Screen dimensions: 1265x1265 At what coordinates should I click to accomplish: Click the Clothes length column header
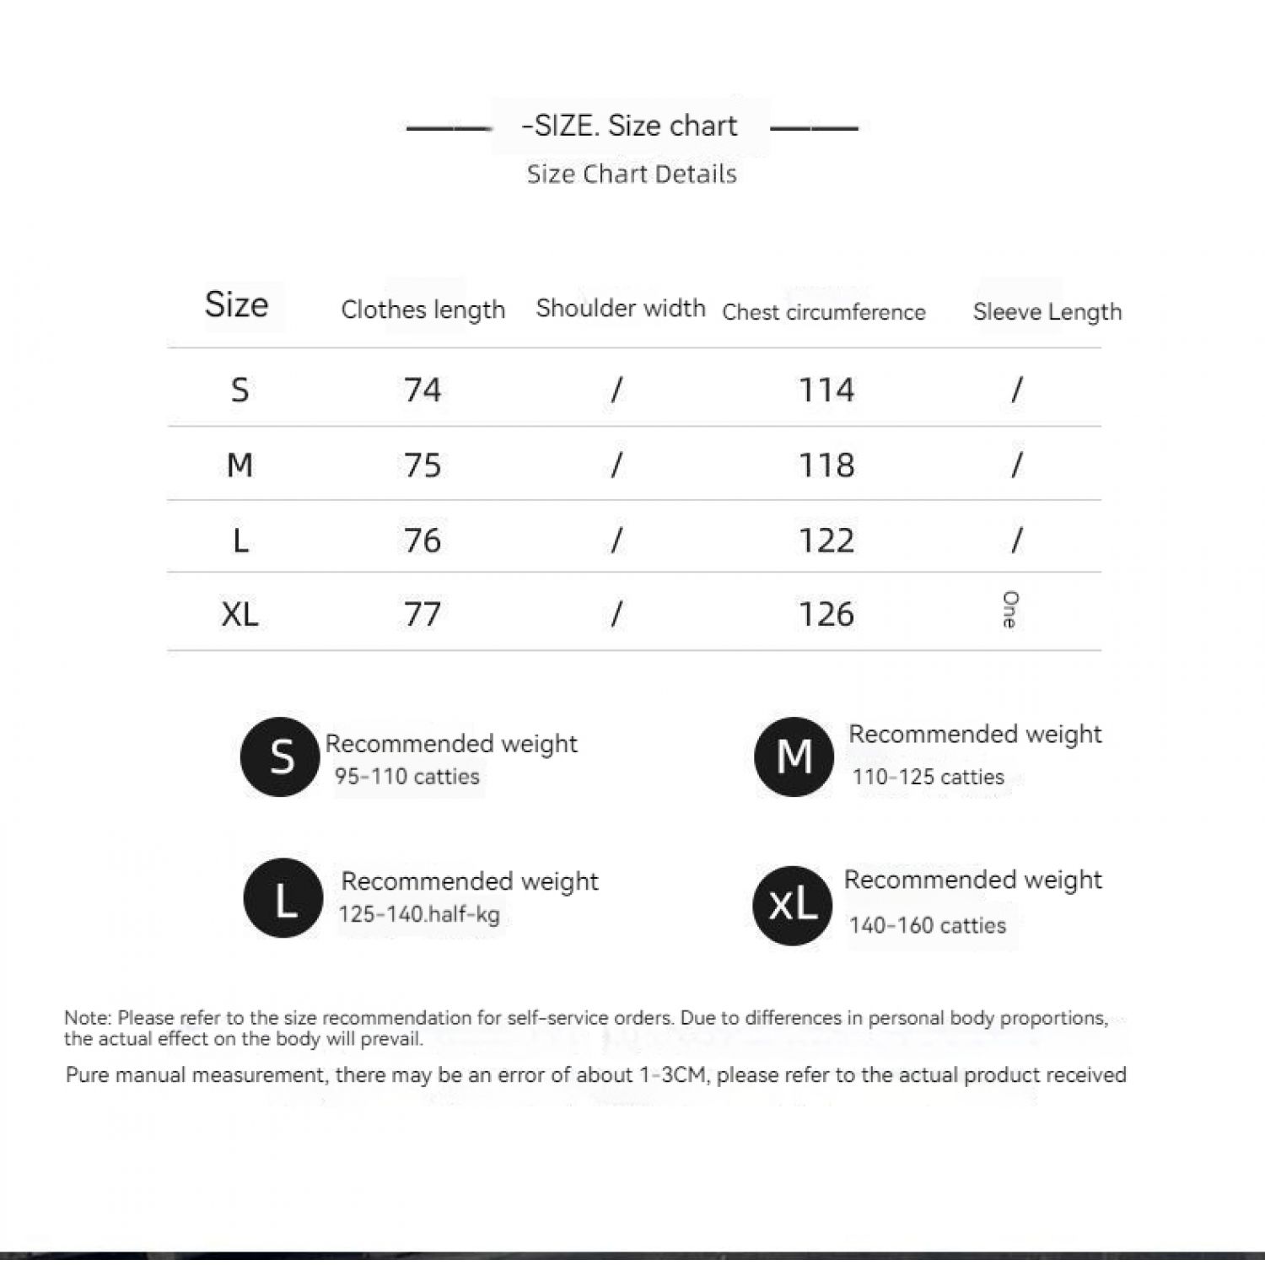[423, 310]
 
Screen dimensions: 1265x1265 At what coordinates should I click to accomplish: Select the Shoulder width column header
[620, 308]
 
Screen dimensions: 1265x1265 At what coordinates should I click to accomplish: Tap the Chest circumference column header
[823, 312]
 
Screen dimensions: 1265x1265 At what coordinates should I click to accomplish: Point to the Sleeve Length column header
[1047, 312]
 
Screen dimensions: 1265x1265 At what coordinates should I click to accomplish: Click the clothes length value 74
[422, 390]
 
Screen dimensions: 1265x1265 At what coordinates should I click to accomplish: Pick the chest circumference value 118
[826, 465]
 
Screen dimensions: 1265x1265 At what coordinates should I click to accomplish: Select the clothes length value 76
[422, 540]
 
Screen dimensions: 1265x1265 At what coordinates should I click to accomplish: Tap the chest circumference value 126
[826, 614]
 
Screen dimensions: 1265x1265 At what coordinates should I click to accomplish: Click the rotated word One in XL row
[1009, 609]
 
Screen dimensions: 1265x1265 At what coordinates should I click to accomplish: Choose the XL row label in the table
[240, 614]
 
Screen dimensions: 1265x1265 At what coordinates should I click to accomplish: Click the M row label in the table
[240, 465]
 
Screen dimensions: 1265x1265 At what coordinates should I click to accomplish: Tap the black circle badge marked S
[280, 756]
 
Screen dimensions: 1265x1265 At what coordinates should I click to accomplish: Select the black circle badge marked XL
[792, 905]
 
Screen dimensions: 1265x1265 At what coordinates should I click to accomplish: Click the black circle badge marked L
[283, 897]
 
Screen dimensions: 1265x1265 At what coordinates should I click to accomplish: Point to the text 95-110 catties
[406, 776]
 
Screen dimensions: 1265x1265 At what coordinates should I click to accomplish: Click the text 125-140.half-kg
[418, 914]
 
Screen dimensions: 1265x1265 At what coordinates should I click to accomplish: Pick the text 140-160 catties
[927, 925]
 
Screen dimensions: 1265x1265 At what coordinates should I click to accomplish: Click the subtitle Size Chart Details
[632, 174]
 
